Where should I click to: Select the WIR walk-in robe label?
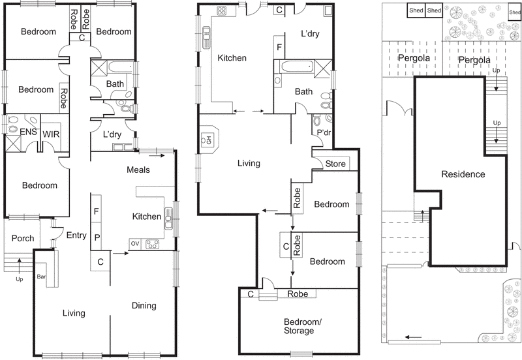(52, 133)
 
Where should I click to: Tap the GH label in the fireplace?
(209, 139)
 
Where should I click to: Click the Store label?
(335, 164)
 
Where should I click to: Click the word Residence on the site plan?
(463, 174)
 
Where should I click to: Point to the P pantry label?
(97, 237)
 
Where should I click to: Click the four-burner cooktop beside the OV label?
(153, 245)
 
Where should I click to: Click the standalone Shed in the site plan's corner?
(514, 12)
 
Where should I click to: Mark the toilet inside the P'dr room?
(318, 121)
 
